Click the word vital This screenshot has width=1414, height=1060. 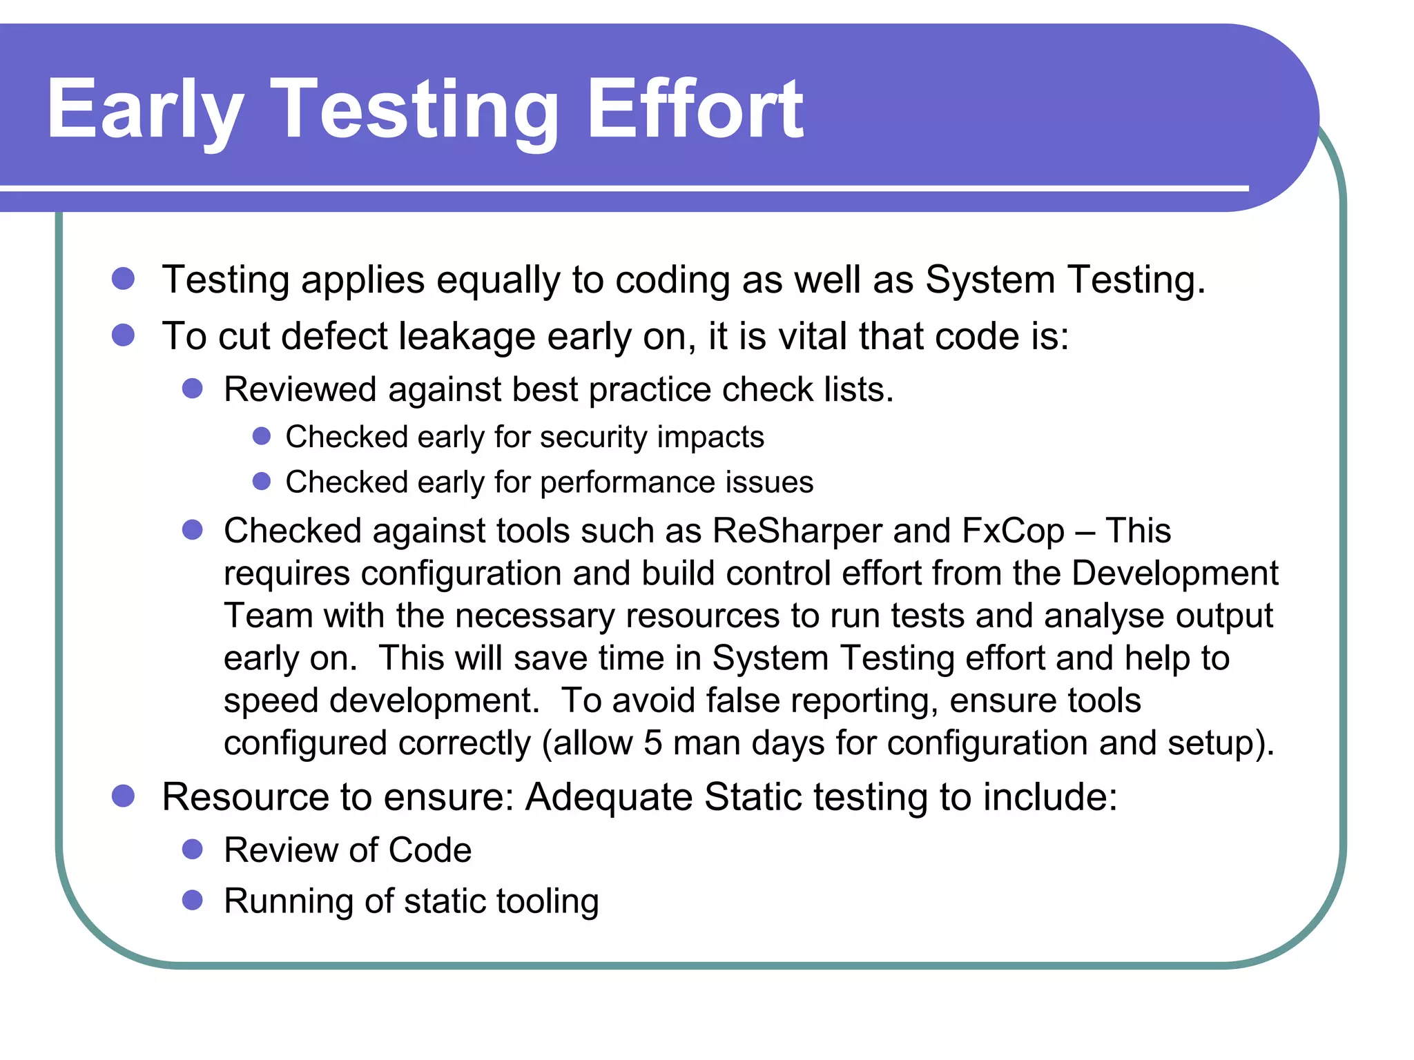[813, 336]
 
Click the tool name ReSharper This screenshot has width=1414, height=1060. [797, 531]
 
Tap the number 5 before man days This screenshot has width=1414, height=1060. [653, 743]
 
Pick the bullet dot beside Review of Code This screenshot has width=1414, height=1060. [192, 850]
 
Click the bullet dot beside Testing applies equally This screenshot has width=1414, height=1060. [123, 279]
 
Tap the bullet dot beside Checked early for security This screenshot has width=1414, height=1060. [261, 436]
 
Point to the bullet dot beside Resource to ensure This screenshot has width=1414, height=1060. [123, 796]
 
